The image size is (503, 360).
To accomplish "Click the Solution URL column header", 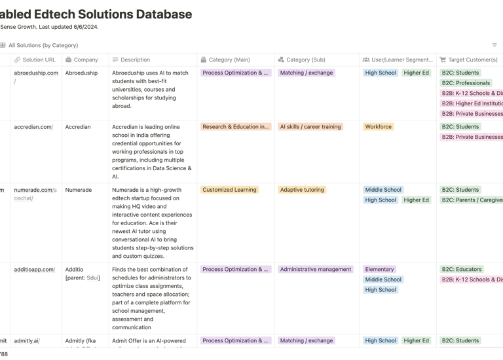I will [x=39, y=60].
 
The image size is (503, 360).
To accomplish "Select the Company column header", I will [x=85, y=60].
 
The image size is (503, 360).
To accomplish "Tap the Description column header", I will [x=135, y=60].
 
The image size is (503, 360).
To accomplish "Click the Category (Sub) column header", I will [x=305, y=60].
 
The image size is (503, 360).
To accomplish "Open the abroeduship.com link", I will [x=36, y=73].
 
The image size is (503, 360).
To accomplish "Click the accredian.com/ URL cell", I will [x=33, y=127].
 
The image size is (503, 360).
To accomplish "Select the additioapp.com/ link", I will [x=35, y=269].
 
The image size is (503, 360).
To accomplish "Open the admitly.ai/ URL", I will [x=27, y=340].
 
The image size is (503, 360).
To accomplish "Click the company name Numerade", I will [x=79, y=190].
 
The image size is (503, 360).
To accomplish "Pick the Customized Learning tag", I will [x=229, y=190].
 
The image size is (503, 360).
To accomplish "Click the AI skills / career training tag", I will [x=310, y=127].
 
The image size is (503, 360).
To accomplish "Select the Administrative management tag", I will [x=316, y=269].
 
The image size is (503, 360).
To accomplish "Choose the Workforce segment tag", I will [x=379, y=127].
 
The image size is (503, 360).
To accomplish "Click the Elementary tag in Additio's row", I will [x=380, y=269].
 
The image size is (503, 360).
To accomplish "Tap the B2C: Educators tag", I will [x=462, y=269].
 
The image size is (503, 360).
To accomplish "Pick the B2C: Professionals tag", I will [x=466, y=83].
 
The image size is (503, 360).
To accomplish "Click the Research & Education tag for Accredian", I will [x=235, y=127].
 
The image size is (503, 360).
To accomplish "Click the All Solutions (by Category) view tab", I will [x=43, y=45].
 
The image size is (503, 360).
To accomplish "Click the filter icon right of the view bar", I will [x=494, y=45].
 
